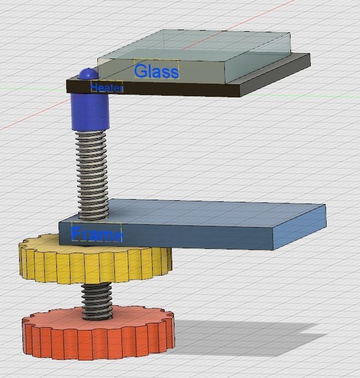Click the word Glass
[x=156, y=71]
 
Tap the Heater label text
[x=107, y=88]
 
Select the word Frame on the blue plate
[x=96, y=234]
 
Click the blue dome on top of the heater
[x=88, y=74]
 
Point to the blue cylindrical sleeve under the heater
[x=90, y=112]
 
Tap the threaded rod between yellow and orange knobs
[x=97, y=301]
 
